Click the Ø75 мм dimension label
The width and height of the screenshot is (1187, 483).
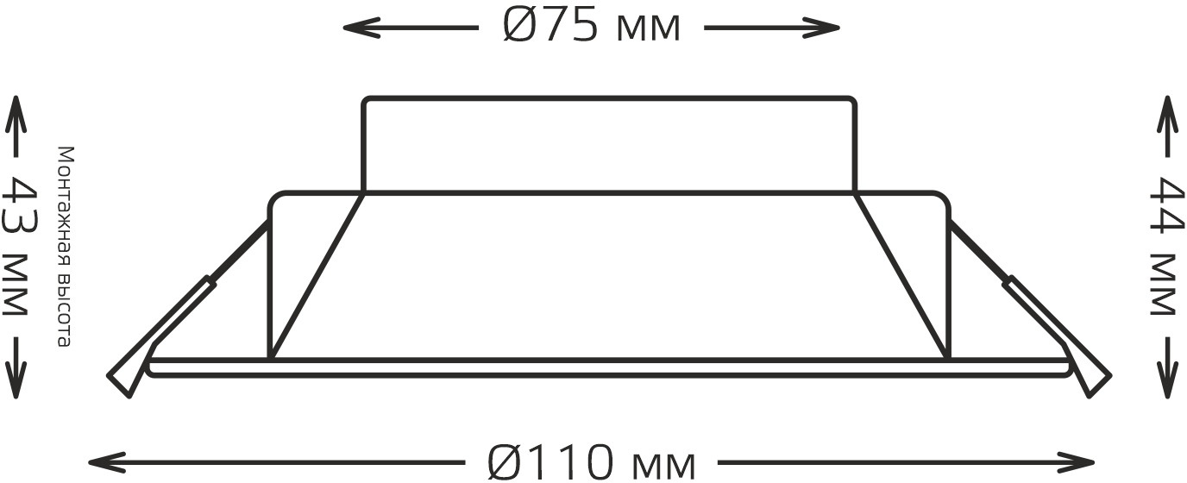(x=591, y=28)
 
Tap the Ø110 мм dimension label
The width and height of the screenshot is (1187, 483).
(x=591, y=463)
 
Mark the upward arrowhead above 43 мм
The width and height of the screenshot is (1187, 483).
(x=16, y=108)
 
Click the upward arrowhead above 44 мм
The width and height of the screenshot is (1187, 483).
(x=1166, y=108)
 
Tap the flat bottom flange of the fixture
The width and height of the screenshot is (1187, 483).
(x=608, y=367)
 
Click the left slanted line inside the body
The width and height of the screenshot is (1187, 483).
(x=316, y=276)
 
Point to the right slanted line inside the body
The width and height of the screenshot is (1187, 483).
(x=901, y=276)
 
